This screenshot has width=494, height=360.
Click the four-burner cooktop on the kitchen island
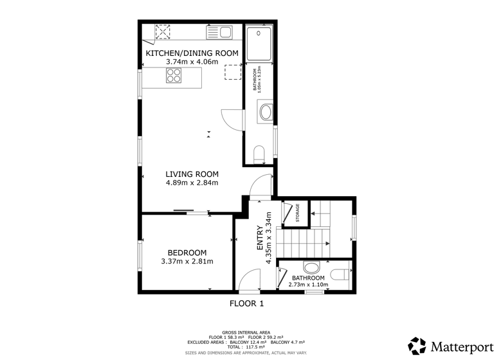[x=174, y=76]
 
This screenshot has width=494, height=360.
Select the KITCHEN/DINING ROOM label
[x=192, y=53]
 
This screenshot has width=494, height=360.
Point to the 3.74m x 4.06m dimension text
[x=192, y=62]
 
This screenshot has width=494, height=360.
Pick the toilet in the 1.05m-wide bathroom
[x=259, y=154]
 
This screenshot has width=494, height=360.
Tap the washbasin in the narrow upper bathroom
[x=265, y=114]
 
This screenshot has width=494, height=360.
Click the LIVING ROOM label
[x=192, y=174]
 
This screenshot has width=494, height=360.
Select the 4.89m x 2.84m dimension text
[x=192, y=183]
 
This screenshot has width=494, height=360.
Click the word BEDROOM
[x=187, y=253]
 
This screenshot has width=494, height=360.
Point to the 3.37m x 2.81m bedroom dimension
[x=187, y=262]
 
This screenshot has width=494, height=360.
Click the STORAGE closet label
[x=298, y=213]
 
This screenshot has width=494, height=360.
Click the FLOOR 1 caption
[x=247, y=303]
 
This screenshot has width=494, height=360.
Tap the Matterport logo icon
[x=417, y=345]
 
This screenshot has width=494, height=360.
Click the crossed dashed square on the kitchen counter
[x=163, y=32]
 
